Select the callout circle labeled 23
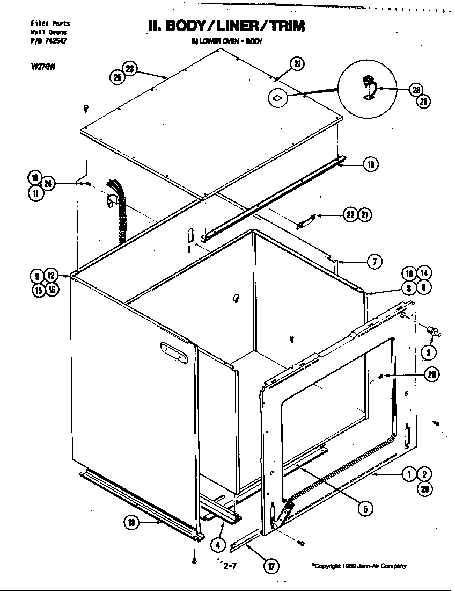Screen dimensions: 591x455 [x=130, y=69]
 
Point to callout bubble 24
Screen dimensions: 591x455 [x=48, y=184]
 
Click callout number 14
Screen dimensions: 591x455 [x=424, y=273]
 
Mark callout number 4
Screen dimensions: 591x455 [x=218, y=545]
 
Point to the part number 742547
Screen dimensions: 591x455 [x=56, y=41]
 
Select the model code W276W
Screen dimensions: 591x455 [x=37, y=67]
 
